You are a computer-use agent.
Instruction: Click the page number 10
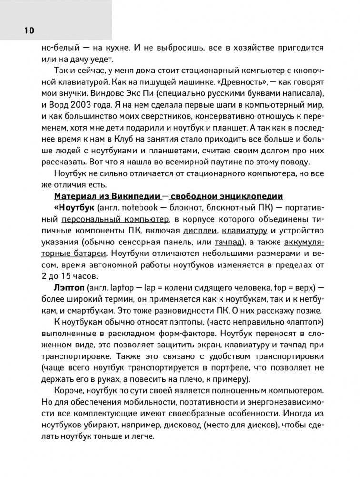tap(27, 31)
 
